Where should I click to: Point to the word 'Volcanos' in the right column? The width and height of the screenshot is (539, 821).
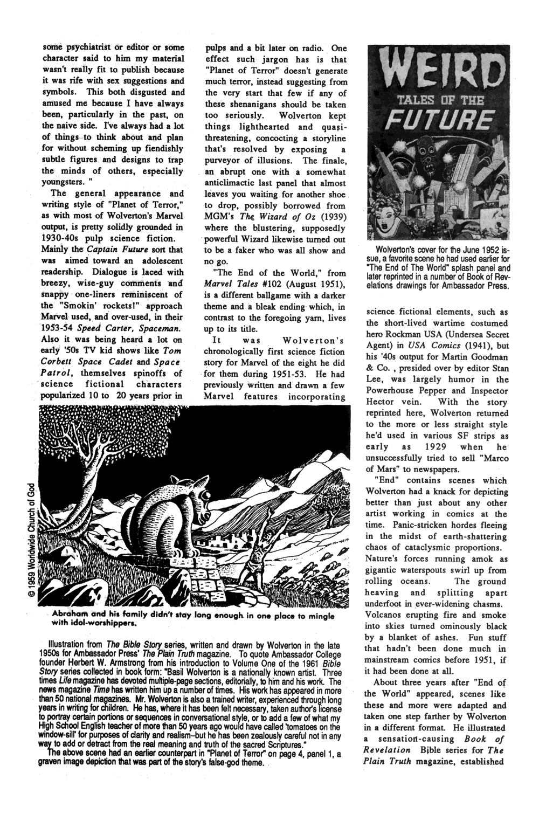point(385,615)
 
